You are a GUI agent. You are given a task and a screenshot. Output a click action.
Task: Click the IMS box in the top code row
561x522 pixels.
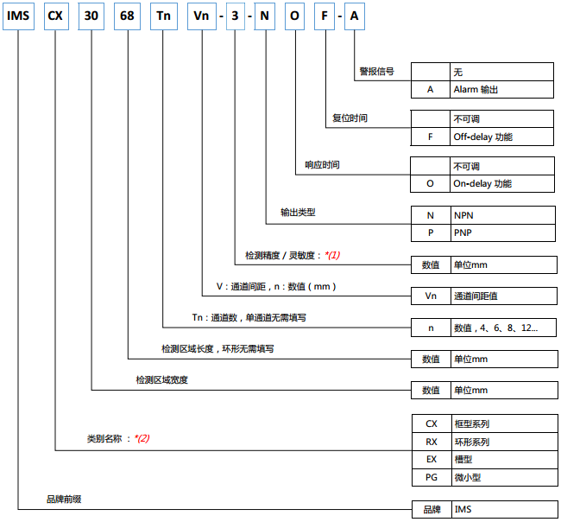click(19, 16)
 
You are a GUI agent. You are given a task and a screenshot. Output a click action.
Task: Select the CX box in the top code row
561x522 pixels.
click(56, 16)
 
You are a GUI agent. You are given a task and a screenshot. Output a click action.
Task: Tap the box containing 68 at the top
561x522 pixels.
click(127, 16)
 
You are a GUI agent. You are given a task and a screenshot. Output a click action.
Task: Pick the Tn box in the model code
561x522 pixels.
click(164, 16)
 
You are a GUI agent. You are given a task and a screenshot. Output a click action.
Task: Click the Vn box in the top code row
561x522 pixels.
click(202, 16)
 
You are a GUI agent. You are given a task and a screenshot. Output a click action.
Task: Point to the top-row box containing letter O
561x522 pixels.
click(295, 16)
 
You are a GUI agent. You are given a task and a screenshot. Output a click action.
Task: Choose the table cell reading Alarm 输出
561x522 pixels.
click(501, 89)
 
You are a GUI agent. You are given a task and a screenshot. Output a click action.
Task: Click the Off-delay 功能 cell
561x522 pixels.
click(501, 137)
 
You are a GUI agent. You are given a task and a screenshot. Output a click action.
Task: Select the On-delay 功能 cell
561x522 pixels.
click(502, 183)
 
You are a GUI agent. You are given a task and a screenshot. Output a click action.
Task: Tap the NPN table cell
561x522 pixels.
click(502, 215)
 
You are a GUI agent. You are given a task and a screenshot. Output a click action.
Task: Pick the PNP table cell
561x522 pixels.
click(502, 232)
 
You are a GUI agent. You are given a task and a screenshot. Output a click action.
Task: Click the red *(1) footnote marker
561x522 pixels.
click(332, 255)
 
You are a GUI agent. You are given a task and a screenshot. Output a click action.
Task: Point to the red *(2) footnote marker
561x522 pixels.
click(142, 438)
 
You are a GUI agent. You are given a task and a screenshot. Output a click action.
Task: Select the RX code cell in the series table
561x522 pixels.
click(432, 442)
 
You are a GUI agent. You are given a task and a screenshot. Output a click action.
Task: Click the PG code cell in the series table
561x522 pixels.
click(432, 477)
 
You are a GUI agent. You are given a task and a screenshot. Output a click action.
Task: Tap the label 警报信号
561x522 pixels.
click(377, 71)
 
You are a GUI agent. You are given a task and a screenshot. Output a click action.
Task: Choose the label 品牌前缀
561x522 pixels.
click(64, 499)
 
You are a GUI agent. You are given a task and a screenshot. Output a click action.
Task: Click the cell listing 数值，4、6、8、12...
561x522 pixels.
click(503, 328)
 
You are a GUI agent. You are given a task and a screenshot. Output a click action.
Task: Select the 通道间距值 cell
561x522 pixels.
click(504, 296)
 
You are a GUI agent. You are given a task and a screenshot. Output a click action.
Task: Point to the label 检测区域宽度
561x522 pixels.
click(161, 379)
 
